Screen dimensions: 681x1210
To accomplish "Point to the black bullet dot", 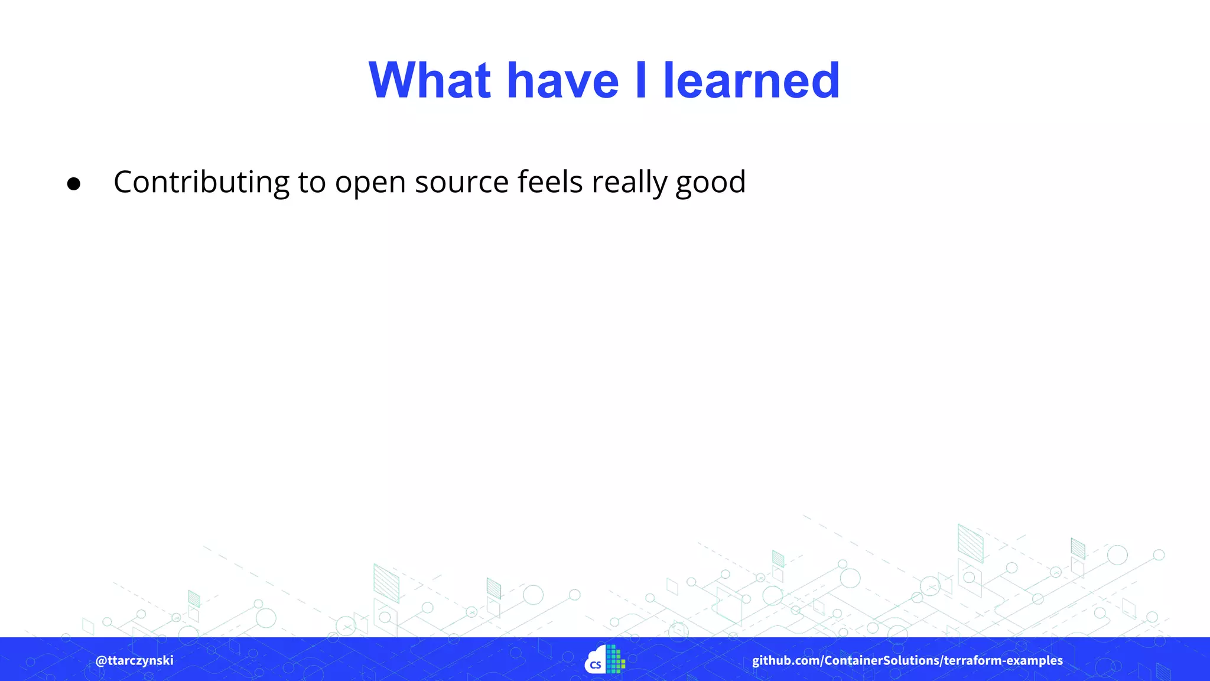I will (x=74, y=184).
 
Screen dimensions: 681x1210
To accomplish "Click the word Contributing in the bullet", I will (x=201, y=182).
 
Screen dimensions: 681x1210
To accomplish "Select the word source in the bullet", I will (x=461, y=182).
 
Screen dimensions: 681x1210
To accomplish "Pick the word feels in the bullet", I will (x=550, y=181).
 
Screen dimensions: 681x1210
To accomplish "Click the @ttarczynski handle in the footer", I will (x=135, y=660).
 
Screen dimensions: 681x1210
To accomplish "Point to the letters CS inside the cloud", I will (x=596, y=665).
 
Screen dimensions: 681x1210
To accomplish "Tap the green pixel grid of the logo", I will (x=615, y=659).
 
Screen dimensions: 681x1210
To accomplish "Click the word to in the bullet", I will (x=312, y=182).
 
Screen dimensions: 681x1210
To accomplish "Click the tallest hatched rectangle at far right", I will (x=970, y=543).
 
